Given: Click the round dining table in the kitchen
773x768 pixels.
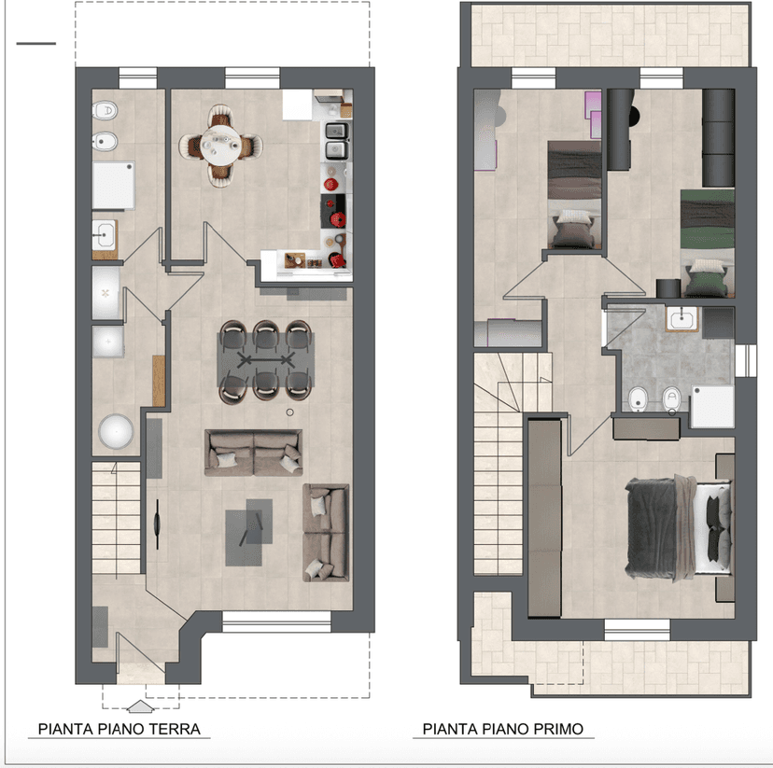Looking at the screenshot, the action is [220, 145].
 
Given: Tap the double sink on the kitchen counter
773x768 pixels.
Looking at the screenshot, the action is [337, 141].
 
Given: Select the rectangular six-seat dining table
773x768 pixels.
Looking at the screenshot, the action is [266, 360].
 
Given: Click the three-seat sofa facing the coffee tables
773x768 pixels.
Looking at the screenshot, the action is [253, 453].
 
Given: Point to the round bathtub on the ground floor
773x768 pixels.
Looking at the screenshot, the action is [116, 431].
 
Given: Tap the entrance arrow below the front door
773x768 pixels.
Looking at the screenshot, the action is [140, 706].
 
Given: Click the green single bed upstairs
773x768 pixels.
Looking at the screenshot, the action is [707, 244].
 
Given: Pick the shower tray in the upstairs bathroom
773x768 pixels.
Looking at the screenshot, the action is [712, 407].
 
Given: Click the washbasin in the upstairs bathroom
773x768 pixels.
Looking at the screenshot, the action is [682, 319].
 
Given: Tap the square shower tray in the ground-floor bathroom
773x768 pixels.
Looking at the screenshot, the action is [113, 186].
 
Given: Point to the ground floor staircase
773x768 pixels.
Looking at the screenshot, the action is [116, 517].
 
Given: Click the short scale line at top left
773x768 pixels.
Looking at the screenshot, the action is [36, 43].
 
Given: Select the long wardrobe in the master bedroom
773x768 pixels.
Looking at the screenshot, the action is [544, 517].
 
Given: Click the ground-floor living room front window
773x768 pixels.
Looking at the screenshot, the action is [276, 621].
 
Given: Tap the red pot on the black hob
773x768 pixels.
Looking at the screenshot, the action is [338, 218].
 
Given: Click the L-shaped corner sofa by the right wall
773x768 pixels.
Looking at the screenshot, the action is [326, 533].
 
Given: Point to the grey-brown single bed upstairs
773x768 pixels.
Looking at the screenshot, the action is [574, 195].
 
